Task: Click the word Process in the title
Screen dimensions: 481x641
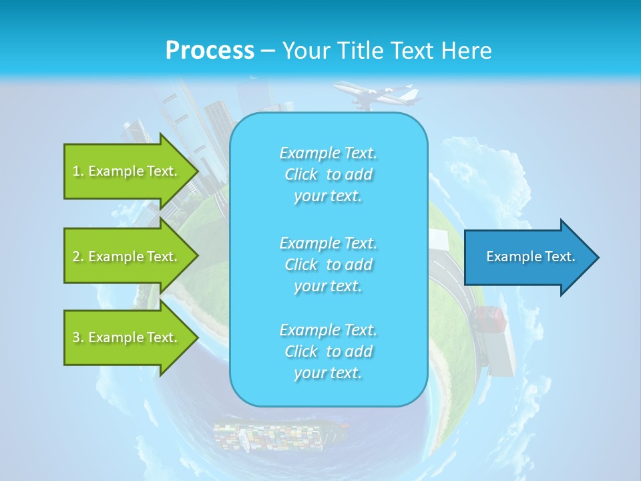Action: pyautogui.click(x=210, y=51)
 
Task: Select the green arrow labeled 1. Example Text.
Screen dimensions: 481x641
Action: pyautogui.click(x=127, y=171)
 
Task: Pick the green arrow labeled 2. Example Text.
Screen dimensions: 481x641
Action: pyautogui.click(x=127, y=257)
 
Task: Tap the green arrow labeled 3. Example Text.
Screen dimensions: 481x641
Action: pyautogui.click(x=127, y=337)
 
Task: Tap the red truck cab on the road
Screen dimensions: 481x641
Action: pyautogui.click(x=489, y=319)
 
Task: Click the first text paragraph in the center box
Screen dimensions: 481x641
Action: pyautogui.click(x=328, y=174)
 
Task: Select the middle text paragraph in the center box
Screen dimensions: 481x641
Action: pyautogui.click(x=328, y=265)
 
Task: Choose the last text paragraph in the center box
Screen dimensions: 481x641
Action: pyautogui.click(x=328, y=351)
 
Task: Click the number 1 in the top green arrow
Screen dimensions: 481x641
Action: pyautogui.click(x=76, y=171)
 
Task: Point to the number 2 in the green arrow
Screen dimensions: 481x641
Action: pyautogui.click(x=76, y=257)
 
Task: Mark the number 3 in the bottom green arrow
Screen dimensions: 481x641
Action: pyautogui.click(x=76, y=337)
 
